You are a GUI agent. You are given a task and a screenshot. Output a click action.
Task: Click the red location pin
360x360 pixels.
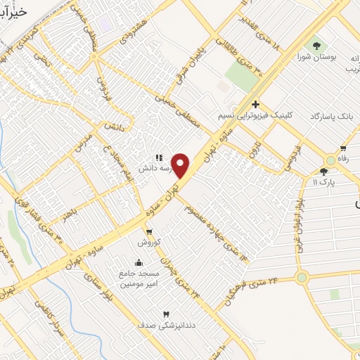tap(181, 166)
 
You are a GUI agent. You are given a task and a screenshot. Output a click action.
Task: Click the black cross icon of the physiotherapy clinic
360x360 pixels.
tap(255, 104)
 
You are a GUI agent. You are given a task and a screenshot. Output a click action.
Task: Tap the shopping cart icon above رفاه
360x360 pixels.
tap(342, 148)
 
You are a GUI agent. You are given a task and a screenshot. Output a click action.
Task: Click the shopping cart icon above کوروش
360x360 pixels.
tap(148, 231)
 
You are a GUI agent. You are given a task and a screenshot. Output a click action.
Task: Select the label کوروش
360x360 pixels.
tap(149, 241)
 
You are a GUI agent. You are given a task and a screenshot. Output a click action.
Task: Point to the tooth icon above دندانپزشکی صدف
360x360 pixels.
tap(167, 314)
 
